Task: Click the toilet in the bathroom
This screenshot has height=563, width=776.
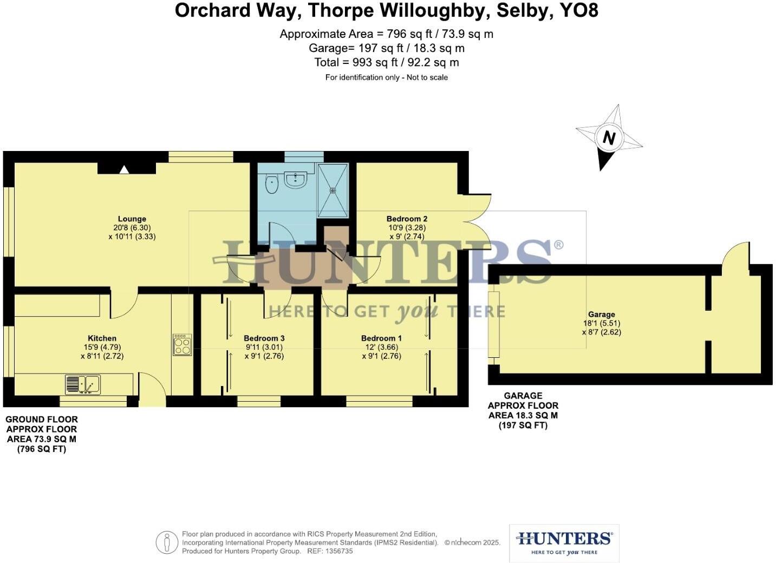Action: click(272, 185)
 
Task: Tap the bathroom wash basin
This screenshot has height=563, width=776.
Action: click(296, 179)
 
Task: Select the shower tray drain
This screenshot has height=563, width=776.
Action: click(333, 191)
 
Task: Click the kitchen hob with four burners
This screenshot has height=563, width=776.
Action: click(182, 345)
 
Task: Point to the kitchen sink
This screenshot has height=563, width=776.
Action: click(83, 384)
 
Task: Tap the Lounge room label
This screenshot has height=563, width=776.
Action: click(132, 219)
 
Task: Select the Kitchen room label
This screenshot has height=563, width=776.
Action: click(102, 338)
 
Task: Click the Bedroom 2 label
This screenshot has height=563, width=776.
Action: click(407, 219)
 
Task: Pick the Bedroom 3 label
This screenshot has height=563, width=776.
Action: click(264, 338)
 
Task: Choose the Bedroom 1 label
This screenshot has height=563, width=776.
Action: click(381, 338)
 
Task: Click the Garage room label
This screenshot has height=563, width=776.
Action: click(602, 315)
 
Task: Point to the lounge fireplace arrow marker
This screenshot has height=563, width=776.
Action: click(124, 169)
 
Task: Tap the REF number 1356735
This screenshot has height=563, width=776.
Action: click(337, 551)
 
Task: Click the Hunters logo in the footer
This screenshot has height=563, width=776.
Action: click(564, 543)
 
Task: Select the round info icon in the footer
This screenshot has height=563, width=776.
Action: click(167, 542)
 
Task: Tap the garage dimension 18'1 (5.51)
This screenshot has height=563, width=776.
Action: click(602, 323)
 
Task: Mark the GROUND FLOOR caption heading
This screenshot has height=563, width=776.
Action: click(42, 420)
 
